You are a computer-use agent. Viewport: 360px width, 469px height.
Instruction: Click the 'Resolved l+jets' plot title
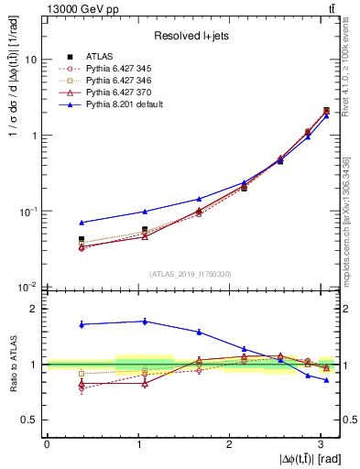191,36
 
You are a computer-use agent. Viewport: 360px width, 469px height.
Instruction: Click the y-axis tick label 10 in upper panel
31,60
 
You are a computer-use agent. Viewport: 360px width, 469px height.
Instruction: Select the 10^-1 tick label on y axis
27,211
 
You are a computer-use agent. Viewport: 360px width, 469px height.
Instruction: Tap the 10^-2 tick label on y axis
27,288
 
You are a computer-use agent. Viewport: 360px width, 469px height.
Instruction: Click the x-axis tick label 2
230,442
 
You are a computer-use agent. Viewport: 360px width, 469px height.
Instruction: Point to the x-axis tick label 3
322,442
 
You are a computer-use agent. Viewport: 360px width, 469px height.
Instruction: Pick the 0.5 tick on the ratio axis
29,420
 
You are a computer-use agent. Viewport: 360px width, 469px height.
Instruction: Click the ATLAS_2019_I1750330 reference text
191,274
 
